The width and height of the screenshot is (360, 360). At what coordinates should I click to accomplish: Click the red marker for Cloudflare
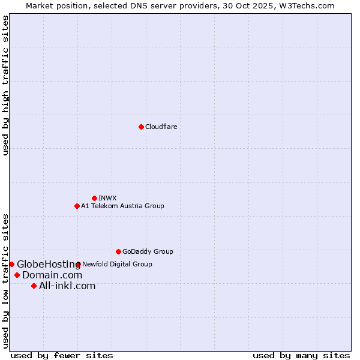tap(141, 127)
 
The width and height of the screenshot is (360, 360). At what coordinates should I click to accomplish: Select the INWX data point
tap(94, 198)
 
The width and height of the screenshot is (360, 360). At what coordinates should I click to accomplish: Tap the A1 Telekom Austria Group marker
tap(77, 206)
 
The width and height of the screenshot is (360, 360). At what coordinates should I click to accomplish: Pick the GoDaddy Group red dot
tap(118, 251)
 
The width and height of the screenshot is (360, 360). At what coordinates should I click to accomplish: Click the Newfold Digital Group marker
tap(78, 264)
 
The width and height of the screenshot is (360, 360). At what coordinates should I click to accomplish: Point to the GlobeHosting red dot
tap(11, 264)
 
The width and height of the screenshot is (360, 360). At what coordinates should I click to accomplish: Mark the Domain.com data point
tap(17, 275)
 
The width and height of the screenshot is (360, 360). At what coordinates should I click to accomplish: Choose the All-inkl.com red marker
tap(34, 286)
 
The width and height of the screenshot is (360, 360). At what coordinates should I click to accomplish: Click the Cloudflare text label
tap(161, 127)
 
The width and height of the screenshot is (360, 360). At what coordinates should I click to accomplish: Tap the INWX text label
tap(107, 198)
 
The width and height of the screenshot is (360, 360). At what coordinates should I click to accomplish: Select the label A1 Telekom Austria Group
tap(122, 206)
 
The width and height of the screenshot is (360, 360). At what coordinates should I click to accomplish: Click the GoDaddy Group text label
tap(148, 251)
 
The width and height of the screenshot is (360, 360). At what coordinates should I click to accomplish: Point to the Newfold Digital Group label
tap(117, 264)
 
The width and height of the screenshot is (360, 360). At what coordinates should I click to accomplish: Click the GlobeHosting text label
tap(49, 264)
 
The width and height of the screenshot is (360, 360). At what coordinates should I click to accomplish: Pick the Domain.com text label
tap(52, 275)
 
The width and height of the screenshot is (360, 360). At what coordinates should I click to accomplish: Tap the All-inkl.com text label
tap(67, 286)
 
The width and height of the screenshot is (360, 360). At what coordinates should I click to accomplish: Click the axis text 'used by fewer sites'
tap(62, 355)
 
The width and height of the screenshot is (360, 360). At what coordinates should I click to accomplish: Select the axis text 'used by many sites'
tap(301, 355)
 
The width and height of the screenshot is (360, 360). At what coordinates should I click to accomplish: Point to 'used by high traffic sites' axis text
tap(5, 85)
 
